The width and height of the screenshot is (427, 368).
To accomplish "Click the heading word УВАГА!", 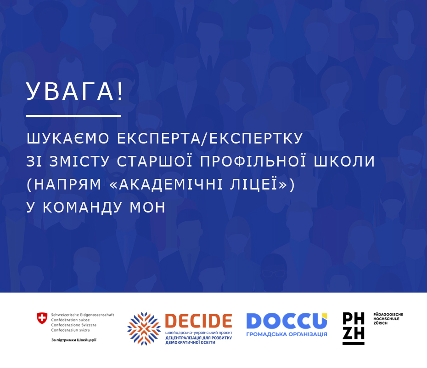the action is (x=75, y=91).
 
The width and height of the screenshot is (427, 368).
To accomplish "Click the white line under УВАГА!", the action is (x=73, y=116).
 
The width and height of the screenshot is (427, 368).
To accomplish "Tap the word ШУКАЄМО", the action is (x=68, y=138).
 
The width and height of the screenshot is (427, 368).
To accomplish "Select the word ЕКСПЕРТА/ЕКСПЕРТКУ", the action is (x=210, y=138).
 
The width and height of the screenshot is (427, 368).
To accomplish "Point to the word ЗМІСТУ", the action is (x=79, y=161).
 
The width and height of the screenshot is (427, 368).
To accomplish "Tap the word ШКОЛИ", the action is (x=344, y=161).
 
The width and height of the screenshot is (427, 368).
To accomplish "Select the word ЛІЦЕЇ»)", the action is (x=263, y=184).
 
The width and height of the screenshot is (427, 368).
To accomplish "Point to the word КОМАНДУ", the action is (x=82, y=207).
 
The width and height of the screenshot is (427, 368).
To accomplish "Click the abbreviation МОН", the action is (x=147, y=207).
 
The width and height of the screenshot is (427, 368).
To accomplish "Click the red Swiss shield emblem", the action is (x=42, y=318).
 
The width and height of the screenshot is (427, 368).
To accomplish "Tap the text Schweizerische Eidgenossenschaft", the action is (x=83, y=315).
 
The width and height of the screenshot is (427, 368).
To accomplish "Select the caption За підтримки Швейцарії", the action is (x=74, y=340).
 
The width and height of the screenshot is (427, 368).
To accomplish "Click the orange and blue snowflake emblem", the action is (x=144, y=329).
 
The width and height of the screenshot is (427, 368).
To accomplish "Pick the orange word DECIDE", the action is (x=198, y=321).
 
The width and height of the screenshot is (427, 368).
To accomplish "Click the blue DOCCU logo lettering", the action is (x=287, y=321).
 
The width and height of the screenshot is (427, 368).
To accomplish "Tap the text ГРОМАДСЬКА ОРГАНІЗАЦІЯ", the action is (x=287, y=334).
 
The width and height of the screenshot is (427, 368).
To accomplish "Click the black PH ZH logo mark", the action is (x=354, y=328).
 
